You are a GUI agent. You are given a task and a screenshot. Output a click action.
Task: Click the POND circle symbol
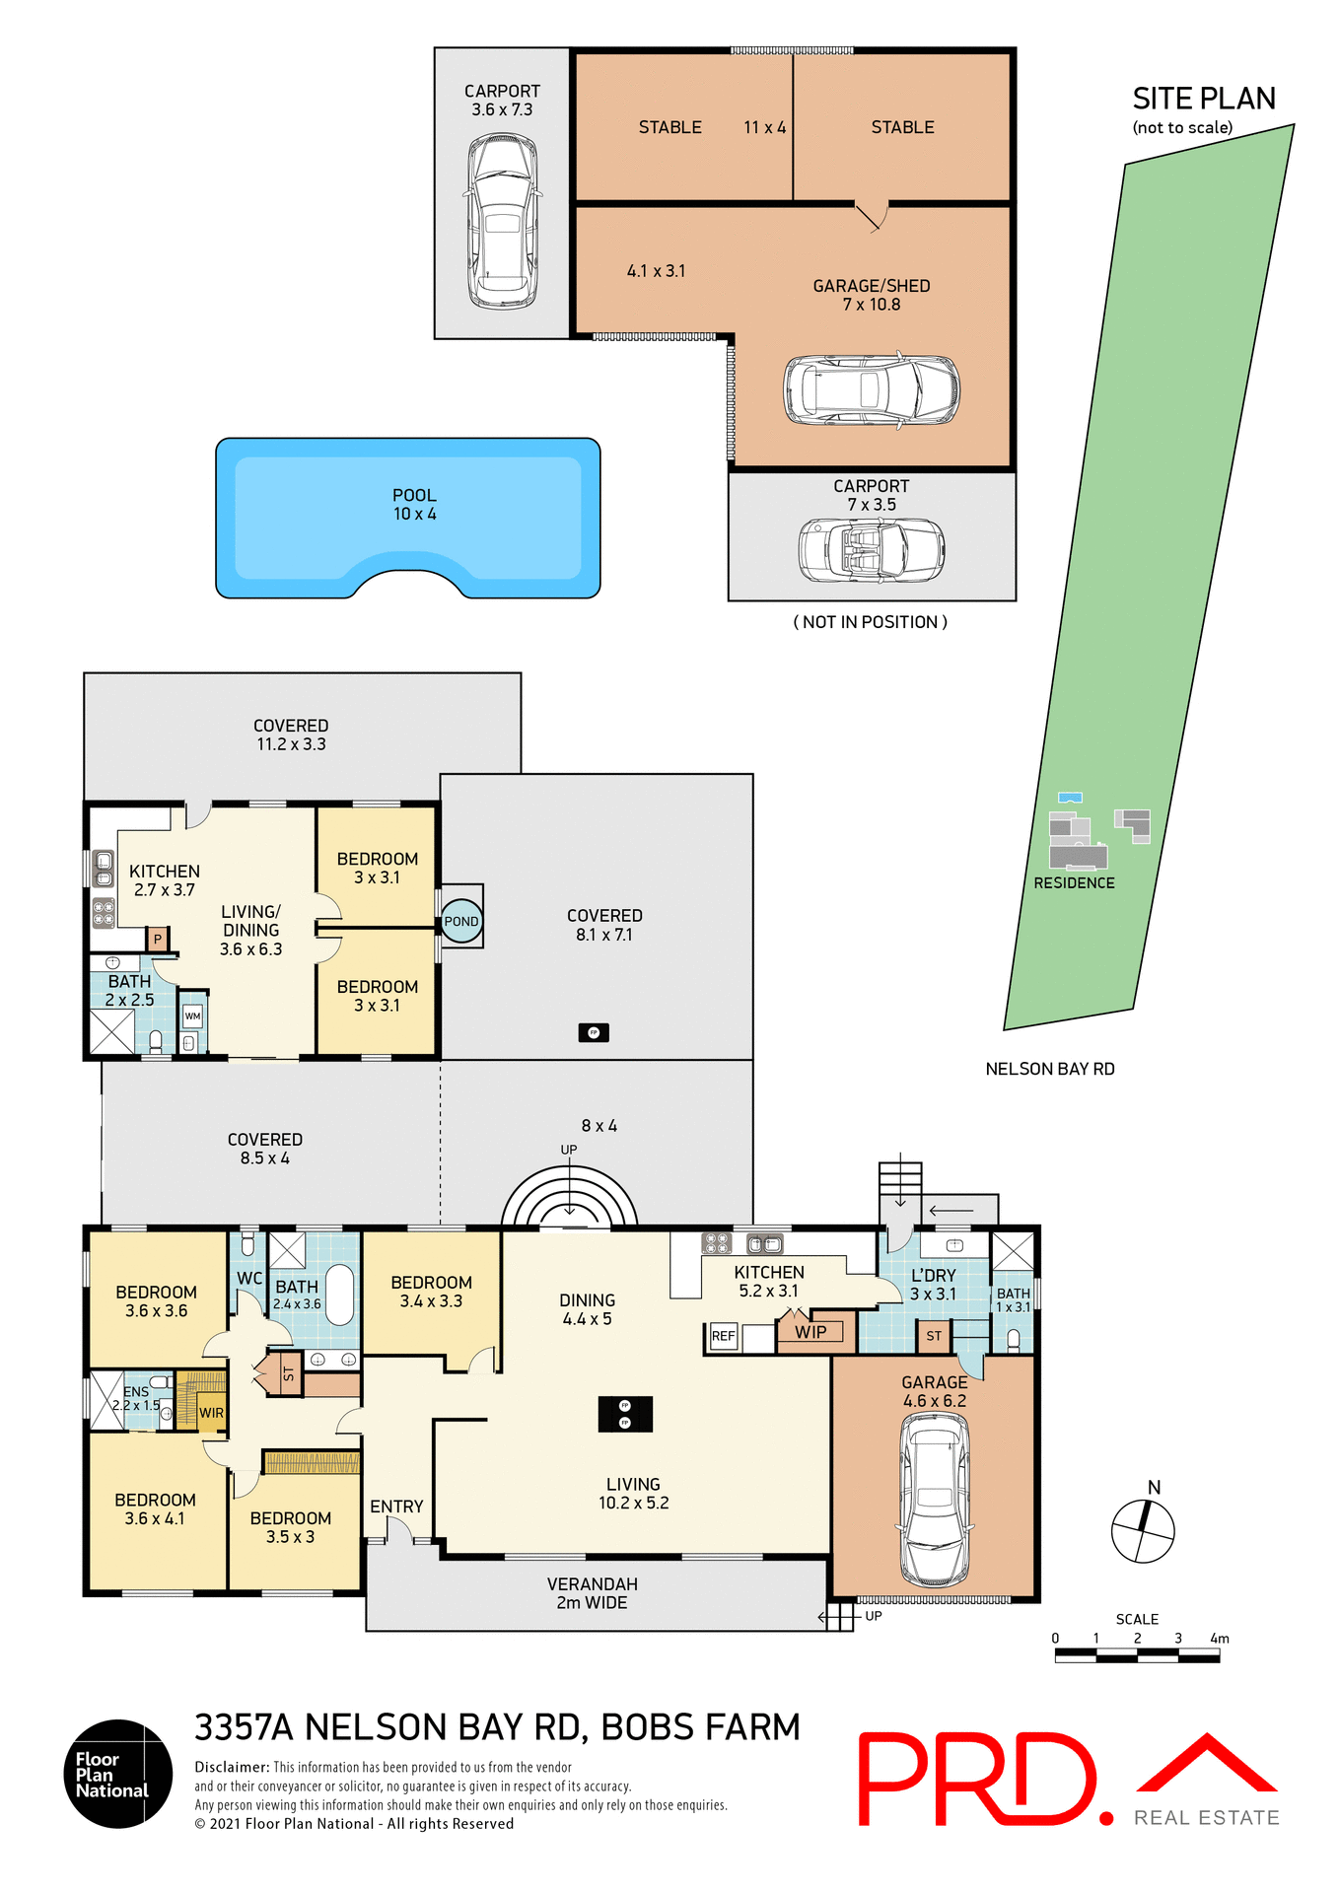(460, 921)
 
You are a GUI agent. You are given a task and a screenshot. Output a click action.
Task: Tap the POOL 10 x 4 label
(414, 504)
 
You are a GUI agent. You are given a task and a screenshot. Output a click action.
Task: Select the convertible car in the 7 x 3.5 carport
(871, 550)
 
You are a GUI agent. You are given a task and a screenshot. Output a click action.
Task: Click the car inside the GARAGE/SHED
(872, 389)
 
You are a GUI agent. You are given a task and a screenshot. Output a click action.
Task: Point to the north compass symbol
(1143, 1530)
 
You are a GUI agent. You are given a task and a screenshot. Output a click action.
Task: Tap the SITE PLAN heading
(1203, 99)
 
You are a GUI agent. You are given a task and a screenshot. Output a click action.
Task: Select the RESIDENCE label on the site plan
(1074, 882)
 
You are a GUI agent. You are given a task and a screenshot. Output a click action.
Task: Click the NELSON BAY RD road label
(1049, 1069)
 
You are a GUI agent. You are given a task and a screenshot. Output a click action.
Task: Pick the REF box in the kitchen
(723, 1336)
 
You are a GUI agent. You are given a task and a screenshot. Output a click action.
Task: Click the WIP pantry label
(810, 1332)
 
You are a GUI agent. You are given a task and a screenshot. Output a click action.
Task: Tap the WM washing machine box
(192, 1016)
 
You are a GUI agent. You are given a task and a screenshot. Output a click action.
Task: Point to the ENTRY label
(396, 1507)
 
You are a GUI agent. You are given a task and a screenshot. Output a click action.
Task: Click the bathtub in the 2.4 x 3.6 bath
(339, 1295)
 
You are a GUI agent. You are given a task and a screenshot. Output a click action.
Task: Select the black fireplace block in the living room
(625, 1414)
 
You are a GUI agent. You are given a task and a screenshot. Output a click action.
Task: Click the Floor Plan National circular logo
(118, 1774)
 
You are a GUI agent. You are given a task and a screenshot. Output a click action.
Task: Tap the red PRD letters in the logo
(975, 1779)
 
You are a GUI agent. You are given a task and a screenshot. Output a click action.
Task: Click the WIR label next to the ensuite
(211, 1413)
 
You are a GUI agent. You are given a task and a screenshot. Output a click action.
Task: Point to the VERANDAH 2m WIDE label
(592, 1593)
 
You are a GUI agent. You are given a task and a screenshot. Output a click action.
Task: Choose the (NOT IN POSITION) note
(870, 622)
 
